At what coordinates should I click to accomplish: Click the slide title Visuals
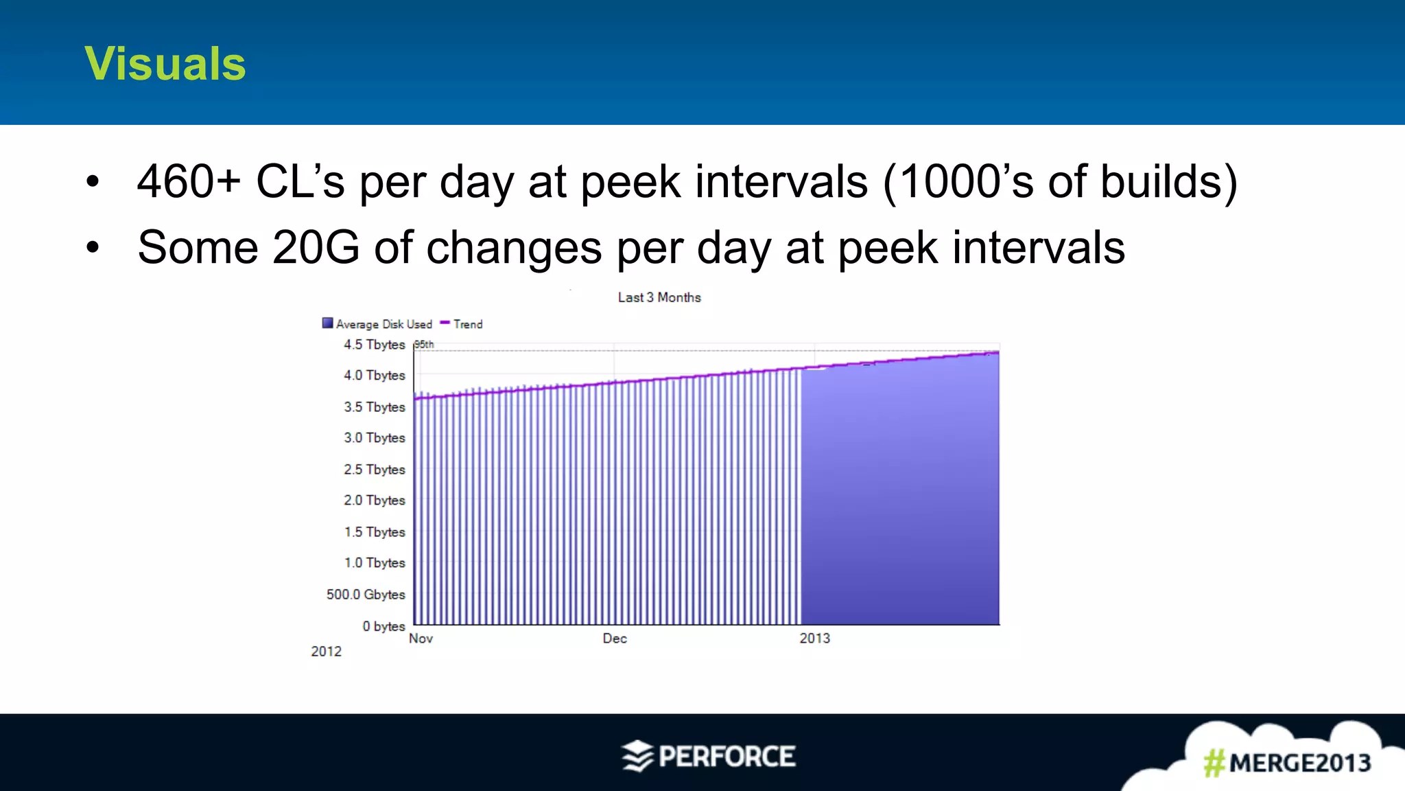(165, 64)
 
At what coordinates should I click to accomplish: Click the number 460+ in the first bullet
(189, 182)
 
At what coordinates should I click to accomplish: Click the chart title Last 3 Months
(659, 297)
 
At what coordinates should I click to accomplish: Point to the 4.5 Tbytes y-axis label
(375, 345)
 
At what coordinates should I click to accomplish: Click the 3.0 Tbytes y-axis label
(375, 438)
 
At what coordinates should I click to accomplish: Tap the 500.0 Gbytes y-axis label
(366, 595)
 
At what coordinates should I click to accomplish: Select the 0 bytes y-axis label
(383, 626)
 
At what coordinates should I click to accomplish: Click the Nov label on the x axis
(421, 639)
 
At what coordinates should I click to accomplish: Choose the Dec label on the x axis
(615, 639)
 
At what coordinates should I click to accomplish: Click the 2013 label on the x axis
(814, 639)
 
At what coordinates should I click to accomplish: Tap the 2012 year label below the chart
(326, 652)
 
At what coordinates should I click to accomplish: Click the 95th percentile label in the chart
(424, 345)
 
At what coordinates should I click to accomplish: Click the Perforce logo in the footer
(709, 757)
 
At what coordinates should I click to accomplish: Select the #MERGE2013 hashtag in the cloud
(1287, 763)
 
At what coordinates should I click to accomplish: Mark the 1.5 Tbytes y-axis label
(375, 532)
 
